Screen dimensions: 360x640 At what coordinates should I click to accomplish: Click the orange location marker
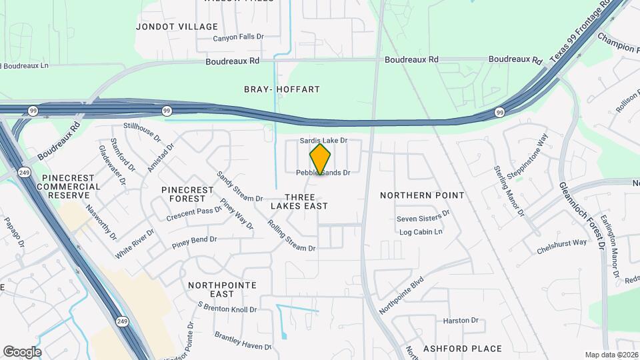pos(320,159)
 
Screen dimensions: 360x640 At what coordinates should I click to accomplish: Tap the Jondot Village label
pos(177,27)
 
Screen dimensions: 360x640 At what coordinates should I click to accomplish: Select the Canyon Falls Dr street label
pos(239,38)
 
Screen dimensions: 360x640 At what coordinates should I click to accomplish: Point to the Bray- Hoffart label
pos(282,89)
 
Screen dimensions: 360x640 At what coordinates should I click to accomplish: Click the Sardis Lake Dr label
pos(324,141)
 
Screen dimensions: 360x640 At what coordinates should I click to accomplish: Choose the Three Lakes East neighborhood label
pos(299,201)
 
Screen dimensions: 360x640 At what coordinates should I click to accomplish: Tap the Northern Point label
pos(422,195)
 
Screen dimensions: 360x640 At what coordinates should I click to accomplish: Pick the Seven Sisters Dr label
pos(423,219)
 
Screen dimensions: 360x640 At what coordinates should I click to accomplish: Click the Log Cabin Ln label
pos(421,232)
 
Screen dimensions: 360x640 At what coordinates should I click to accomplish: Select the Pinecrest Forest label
pos(187,194)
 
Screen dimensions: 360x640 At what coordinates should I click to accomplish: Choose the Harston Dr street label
pos(461,321)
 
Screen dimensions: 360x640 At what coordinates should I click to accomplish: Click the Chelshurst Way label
pos(561,247)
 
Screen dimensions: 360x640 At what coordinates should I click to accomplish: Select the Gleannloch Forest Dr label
pos(581,215)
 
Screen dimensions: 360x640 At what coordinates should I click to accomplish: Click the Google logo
pos(22,352)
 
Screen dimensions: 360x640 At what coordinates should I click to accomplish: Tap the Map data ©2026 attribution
pos(611,355)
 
